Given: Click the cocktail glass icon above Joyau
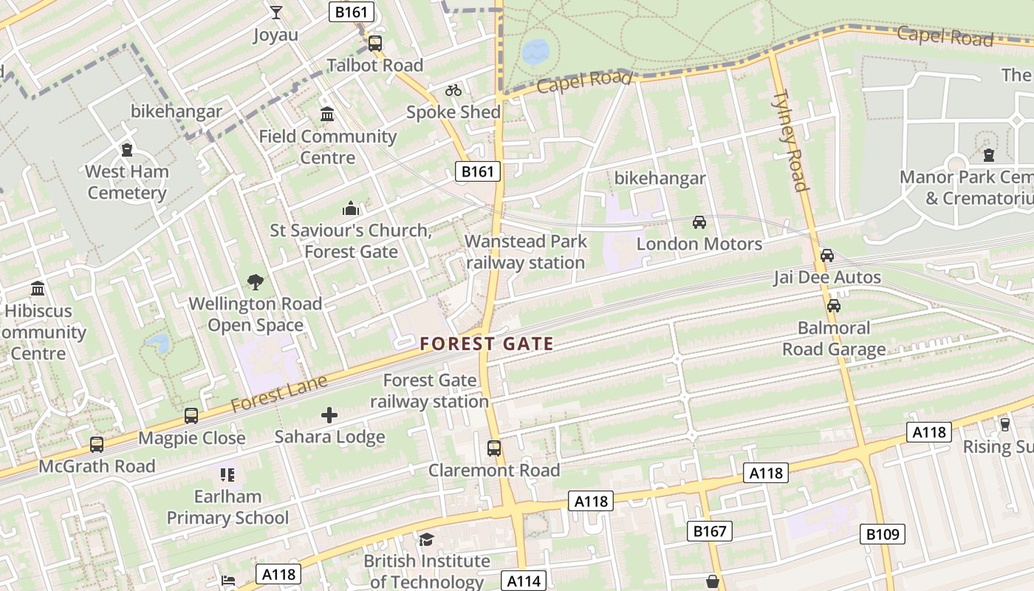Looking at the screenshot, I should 276,13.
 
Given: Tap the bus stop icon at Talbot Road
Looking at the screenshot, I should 375,44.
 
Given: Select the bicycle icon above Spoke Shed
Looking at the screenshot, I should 453,90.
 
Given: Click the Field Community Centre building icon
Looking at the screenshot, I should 327,115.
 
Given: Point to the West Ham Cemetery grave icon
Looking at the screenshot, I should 127,150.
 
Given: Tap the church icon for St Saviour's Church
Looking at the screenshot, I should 351,209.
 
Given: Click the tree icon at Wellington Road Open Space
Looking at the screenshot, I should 256,281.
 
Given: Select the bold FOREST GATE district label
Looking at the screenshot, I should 487,344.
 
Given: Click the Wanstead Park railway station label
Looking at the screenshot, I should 526,252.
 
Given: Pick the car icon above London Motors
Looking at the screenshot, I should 699,222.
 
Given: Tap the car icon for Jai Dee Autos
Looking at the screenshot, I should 827,256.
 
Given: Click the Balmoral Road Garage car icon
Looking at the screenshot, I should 834,306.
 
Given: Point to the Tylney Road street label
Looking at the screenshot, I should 791,140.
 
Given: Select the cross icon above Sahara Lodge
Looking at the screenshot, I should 329,415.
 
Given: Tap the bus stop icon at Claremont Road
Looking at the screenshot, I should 494,448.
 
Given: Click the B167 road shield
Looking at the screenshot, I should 711,530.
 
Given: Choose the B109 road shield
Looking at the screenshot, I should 883,534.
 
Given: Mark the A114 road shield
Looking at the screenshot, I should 524,581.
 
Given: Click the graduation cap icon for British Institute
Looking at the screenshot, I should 426,539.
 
